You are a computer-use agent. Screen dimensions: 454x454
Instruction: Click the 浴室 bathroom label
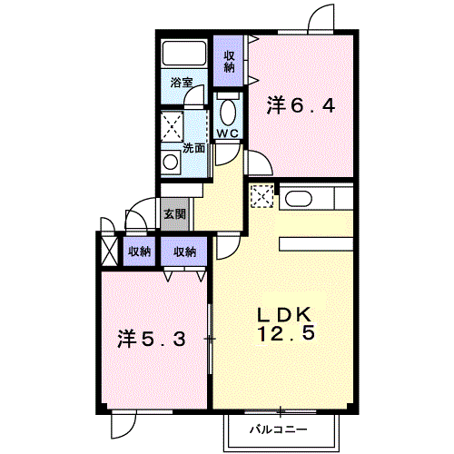[x=182, y=83]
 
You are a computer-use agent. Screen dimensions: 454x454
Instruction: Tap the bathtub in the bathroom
[x=184, y=54]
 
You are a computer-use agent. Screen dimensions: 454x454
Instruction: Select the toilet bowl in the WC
[x=228, y=113]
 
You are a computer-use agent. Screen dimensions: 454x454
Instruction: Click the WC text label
[x=228, y=133]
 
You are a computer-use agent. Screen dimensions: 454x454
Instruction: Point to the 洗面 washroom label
[x=193, y=148]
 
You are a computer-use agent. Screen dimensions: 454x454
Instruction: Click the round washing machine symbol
[x=171, y=163]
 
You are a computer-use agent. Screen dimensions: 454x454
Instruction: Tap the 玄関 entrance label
[x=174, y=214]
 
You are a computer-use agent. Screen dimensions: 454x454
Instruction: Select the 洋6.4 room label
[x=301, y=105]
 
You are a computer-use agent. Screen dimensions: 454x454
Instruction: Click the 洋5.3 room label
[x=152, y=339]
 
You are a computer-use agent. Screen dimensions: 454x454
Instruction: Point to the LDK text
[x=284, y=315]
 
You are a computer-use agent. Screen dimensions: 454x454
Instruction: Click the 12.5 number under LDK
[x=286, y=332]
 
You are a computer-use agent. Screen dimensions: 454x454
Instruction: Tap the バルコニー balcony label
[x=279, y=429]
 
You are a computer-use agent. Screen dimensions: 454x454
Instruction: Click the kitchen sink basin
[x=299, y=199]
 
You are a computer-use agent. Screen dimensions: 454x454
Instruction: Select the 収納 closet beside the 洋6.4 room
[x=229, y=62]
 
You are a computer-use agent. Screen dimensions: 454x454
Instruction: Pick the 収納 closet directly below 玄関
[x=184, y=252]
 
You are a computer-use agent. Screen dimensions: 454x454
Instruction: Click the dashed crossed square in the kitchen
[x=262, y=196]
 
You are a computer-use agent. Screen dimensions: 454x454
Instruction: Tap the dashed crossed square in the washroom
[x=172, y=127]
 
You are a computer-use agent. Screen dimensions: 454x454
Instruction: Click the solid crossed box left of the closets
[x=109, y=251]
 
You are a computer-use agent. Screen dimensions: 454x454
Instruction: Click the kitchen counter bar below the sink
[x=316, y=244]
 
